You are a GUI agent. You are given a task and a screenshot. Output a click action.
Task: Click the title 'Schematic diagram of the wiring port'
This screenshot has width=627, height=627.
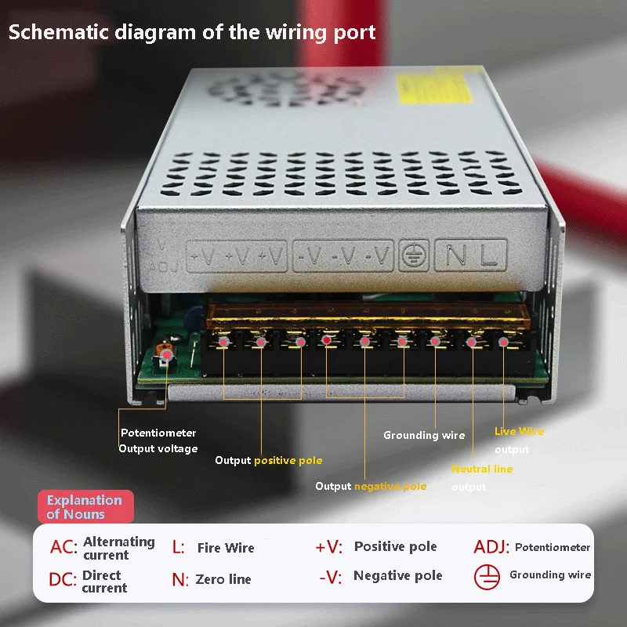(192, 32)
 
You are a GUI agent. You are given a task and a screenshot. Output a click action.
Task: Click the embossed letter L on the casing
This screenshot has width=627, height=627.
(489, 255)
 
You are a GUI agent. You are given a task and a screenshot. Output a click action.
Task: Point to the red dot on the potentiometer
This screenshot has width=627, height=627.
(165, 357)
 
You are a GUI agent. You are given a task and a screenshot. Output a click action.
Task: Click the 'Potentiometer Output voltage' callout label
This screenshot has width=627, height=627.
(158, 440)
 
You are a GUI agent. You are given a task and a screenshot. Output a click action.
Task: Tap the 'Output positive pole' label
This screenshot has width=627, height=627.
(268, 460)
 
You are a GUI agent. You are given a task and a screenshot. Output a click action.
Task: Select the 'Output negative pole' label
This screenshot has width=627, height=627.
(371, 486)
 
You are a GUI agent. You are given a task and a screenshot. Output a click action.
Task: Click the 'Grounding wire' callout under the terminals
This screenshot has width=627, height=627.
(423, 435)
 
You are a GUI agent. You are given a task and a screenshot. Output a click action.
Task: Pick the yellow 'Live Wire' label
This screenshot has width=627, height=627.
(518, 431)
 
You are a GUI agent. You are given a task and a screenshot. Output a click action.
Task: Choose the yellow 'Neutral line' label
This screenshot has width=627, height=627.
(482, 469)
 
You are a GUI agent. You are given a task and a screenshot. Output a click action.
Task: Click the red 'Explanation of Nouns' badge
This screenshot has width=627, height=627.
(85, 507)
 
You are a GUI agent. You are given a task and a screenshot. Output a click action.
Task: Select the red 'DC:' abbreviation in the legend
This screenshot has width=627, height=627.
(63, 581)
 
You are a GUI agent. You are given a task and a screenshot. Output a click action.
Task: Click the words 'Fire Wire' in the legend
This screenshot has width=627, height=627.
(226, 548)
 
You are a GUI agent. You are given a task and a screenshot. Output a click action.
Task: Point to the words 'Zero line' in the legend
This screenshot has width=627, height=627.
(223, 579)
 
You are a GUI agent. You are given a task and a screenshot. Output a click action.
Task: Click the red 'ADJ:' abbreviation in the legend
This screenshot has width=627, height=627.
(491, 547)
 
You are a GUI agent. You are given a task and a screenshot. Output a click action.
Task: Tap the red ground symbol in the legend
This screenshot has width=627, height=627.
(487, 577)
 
